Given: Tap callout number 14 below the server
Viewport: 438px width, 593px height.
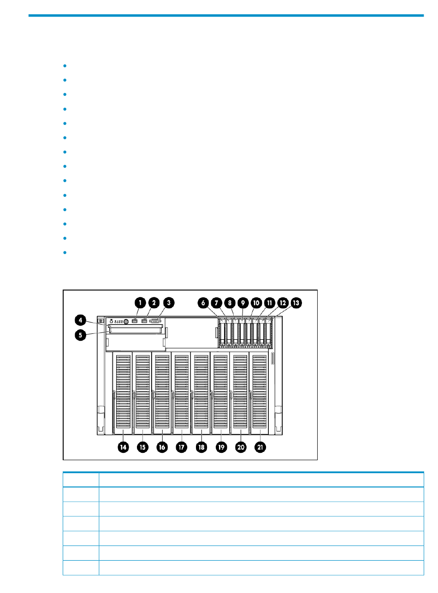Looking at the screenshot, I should point(123,447).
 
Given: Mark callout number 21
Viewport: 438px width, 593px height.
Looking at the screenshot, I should point(260,447).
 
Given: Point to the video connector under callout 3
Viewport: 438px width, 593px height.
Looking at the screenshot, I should point(155,320).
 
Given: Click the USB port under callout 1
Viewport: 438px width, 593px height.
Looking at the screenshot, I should point(135,320).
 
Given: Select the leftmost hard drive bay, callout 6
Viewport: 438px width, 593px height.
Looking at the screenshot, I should point(223,332).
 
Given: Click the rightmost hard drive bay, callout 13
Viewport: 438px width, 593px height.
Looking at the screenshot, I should point(269,332).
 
